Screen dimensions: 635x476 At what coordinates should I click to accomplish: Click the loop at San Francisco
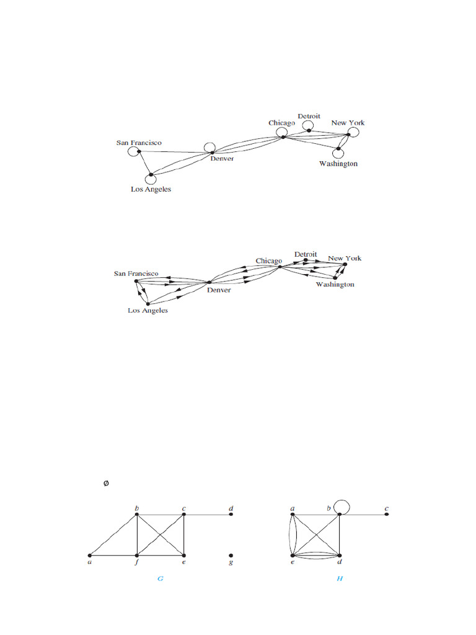[131, 152]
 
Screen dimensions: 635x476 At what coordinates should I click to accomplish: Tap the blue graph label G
[160, 578]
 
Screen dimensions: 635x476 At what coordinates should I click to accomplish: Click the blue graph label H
[340, 578]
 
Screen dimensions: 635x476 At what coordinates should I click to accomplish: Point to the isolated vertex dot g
[231, 555]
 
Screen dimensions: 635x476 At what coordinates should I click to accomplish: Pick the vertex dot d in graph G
[231, 514]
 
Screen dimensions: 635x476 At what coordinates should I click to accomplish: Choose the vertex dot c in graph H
[387, 514]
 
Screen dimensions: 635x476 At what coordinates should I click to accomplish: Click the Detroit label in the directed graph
[306, 254]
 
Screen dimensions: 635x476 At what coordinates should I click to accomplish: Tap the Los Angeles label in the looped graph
[151, 189]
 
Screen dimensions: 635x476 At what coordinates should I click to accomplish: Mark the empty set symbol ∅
[106, 483]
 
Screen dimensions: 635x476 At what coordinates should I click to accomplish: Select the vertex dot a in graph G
[90, 555]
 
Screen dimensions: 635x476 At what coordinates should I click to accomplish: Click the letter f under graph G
[137, 564]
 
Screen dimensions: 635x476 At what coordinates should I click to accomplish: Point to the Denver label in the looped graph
[222, 159]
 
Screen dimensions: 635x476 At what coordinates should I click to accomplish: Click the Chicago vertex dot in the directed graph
[280, 267]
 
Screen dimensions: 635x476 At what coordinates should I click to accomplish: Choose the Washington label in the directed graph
[335, 284]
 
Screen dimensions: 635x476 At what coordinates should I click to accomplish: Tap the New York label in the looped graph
[348, 123]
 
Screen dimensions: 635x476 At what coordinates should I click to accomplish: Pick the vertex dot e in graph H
[293, 555]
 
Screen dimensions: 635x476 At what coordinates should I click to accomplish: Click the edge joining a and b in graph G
[113, 535]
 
